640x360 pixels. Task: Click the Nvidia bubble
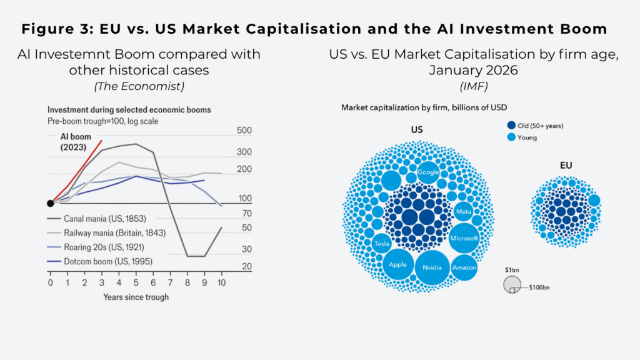[432, 267]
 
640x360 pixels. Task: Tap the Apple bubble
[397, 264]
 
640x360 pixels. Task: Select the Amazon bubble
[464, 267]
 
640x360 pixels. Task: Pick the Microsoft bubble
[464, 238]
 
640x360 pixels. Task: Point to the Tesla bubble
[382, 244]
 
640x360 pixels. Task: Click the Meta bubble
[463, 211]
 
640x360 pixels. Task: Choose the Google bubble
[428, 172]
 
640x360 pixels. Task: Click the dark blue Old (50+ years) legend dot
[511, 125]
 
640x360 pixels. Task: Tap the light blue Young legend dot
[511, 137]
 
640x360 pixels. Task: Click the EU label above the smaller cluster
[566, 165]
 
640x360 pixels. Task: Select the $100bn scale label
[539, 287]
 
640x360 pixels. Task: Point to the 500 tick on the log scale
[244, 131]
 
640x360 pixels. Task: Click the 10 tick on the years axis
[221, 282]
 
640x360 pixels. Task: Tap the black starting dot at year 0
[51, 203]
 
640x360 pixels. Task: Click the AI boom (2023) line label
[76, 142]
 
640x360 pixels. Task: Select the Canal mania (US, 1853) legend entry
[97, 219]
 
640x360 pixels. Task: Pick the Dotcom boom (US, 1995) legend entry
[100, 261]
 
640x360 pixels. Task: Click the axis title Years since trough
[136, 297]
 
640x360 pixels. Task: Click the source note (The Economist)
[139, 86]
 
